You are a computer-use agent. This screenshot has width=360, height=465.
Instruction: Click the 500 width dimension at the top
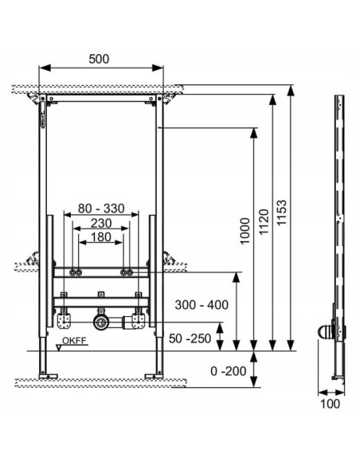[99, 59]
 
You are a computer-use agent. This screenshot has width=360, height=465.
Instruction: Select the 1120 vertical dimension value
[264, 222]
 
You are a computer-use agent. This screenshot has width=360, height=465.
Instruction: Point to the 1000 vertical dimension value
[245, 231]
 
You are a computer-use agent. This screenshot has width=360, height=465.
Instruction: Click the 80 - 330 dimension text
[101, 209]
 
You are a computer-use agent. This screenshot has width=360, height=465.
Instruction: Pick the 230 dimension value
[101, 223]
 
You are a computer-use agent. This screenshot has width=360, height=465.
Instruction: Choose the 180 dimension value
[101, 237]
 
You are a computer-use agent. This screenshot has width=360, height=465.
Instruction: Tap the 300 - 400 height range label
[202, 305]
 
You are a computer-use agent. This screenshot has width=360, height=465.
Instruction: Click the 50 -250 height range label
[190, 338]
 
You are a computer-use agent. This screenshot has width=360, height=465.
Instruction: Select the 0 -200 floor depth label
[229, 371]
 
